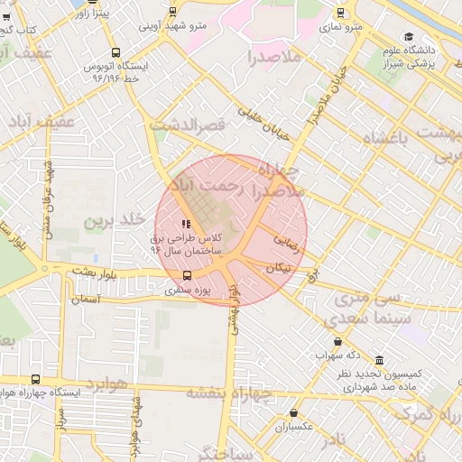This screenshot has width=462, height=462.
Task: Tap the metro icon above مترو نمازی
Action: (340, 13)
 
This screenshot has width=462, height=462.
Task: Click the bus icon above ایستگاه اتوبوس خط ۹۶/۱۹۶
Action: (115, 52)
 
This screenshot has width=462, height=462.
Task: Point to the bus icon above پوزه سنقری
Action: (187, 275)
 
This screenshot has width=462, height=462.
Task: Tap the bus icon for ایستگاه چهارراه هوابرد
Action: (35, 380)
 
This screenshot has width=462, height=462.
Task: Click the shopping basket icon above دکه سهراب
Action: (337, 342)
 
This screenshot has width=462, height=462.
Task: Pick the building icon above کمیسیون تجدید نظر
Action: (378, 360)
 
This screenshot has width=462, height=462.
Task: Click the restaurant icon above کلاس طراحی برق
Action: (186, 224)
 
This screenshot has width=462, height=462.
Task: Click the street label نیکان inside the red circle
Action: (278, 268)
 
